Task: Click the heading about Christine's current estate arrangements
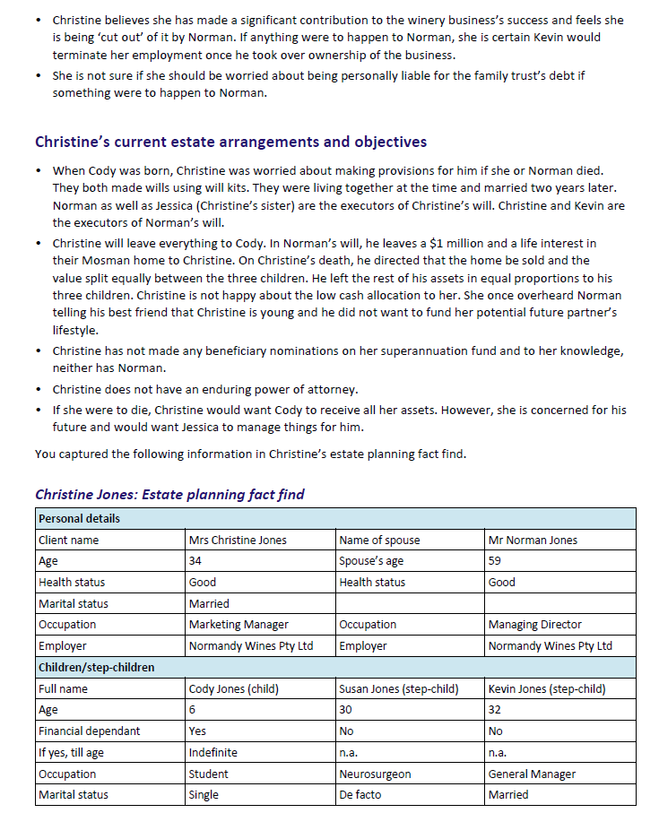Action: point(230,142)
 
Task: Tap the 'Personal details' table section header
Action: point(79,518)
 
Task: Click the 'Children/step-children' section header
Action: point(96,667)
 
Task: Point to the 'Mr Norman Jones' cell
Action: point(533,540)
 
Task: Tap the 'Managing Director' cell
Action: point(534,624)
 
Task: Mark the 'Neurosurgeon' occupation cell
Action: point(375,774)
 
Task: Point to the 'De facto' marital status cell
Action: point(360,794)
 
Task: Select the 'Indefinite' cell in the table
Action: point(212,752)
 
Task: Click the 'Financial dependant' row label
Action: point(90,731)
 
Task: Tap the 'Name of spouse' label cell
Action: point(379,540)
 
